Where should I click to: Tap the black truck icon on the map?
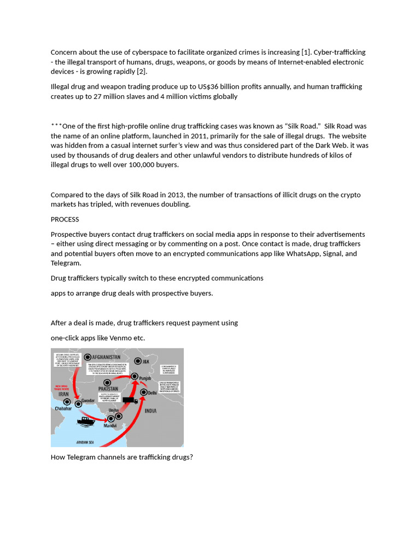point(130,400)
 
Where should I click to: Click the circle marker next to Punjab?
point(134,376)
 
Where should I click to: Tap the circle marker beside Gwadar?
point(78,404)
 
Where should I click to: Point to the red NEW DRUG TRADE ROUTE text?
point(61,387)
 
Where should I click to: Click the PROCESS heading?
point(65,219)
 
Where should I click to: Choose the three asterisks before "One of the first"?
point(56,126)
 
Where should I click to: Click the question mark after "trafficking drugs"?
point(191,457)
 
